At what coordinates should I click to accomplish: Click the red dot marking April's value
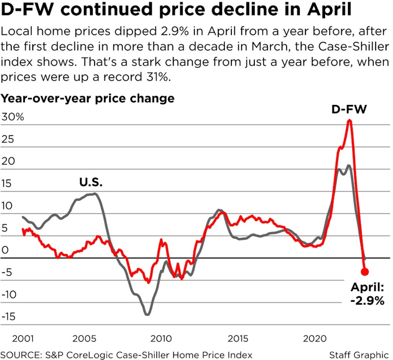[x=365, y=271]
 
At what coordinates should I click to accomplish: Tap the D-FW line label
[x=349, y=110]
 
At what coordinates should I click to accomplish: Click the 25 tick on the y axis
[x=8, y=139]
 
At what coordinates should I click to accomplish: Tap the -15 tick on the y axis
[x=9, y=316]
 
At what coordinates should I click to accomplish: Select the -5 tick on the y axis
[x=8, y=272]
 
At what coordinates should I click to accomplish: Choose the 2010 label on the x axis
[x=160, y=338]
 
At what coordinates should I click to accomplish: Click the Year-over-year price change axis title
[x=88, y=98]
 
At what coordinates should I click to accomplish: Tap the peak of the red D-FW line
[x=349, y=121]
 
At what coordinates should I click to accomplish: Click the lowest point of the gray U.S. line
[x=148, y=315]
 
